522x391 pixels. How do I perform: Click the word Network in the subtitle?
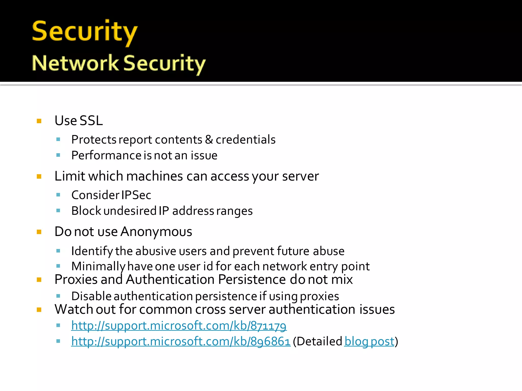(x=75, y=63)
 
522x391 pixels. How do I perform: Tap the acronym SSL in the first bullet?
(x=91, y=120)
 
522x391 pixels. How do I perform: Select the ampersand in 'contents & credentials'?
(x=209, y=139)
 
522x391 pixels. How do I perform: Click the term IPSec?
(x=136, y=195)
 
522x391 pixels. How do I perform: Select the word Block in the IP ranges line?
(x=86, y=211)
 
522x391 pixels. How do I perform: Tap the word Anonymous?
(x=156, y=232)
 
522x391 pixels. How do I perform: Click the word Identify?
(x=92, y=251)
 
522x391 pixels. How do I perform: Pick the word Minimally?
(x=98, y=267)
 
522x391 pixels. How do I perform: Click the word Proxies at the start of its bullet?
(x=76, y=280)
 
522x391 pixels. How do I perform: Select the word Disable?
(x=91, y=296)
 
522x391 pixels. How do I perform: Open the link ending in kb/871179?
(x=179, y=326)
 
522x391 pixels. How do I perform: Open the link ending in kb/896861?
(x=181, y=342)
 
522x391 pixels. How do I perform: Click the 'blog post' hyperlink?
(x=369, y=342)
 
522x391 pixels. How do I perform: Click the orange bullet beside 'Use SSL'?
(x=39, y=121)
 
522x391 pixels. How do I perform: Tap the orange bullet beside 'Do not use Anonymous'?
(x=39, y=232)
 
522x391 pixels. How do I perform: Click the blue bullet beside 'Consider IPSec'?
(x=58, y=195)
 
